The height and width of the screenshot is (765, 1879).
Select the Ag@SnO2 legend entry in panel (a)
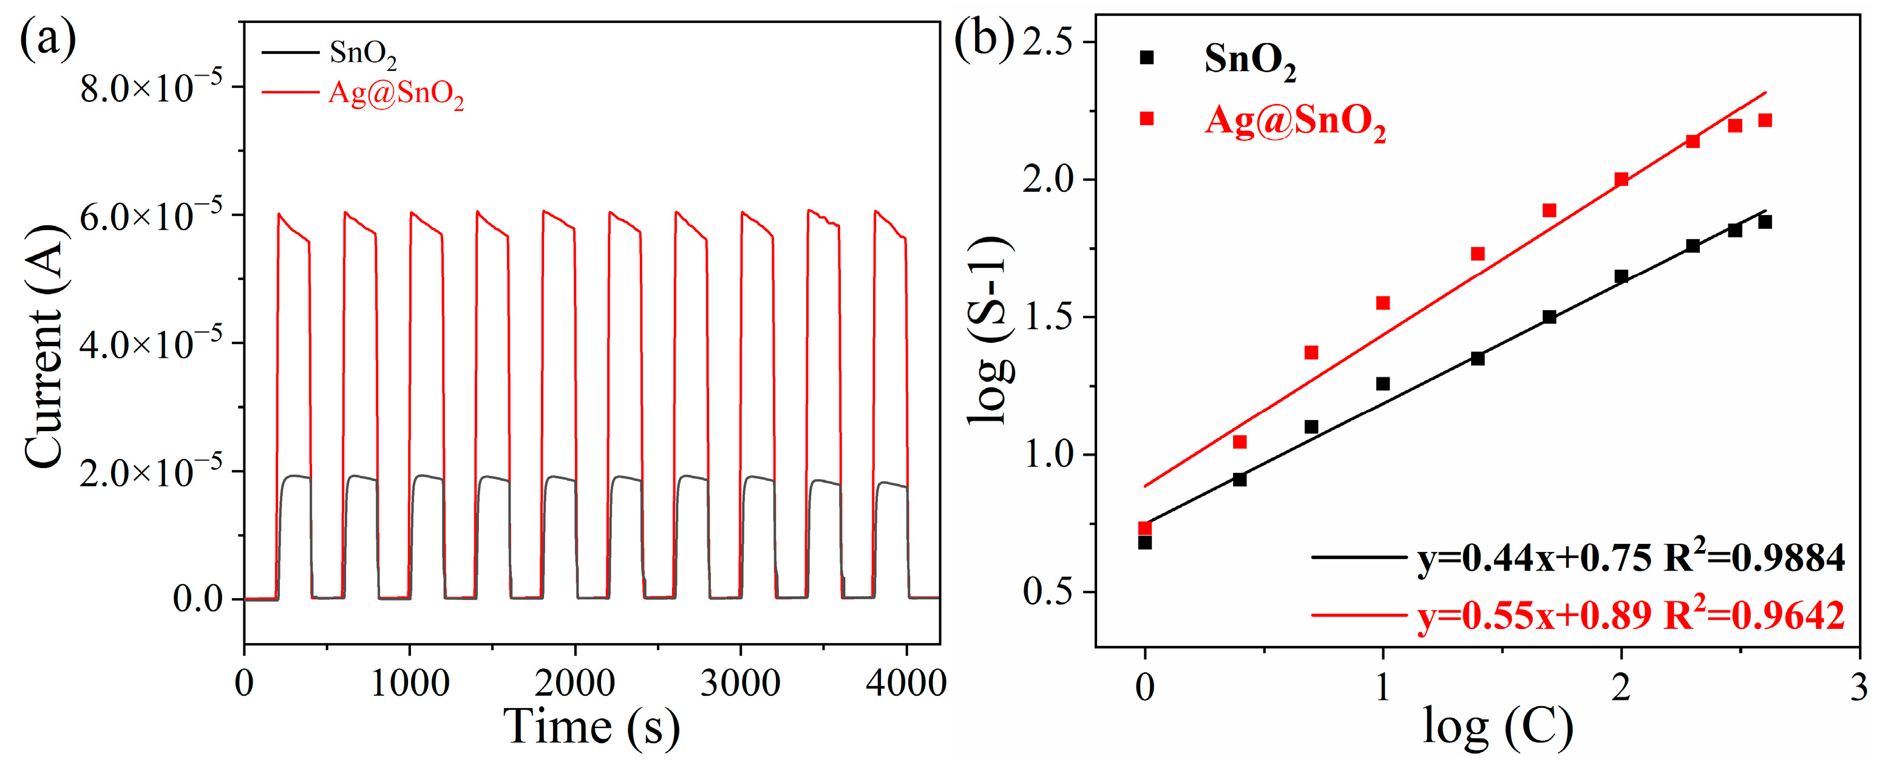pos(396,93)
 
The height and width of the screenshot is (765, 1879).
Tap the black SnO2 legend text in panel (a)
pos(362,52)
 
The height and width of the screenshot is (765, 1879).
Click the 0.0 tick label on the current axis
pos(197,599)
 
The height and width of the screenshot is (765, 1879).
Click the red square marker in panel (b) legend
pos(1147,118)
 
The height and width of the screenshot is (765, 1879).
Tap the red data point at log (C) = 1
pos(1383,302)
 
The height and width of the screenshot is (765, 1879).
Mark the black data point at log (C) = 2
pos(1622,276)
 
